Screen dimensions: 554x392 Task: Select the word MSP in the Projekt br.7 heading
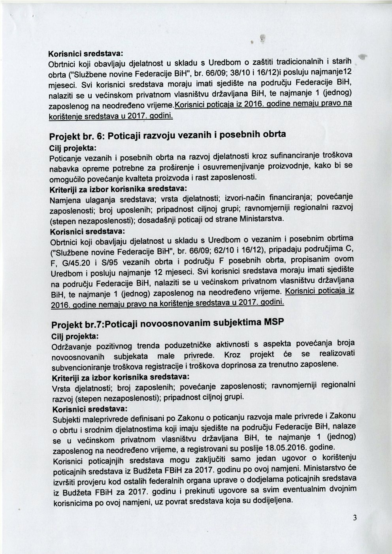[272, 321]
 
